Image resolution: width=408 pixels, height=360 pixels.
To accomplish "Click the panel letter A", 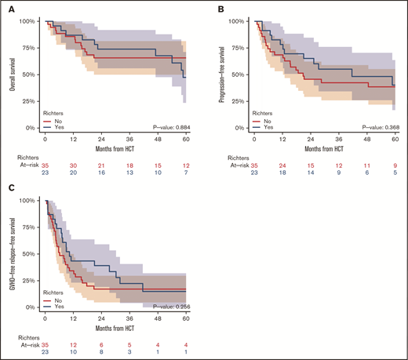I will pos(9,10).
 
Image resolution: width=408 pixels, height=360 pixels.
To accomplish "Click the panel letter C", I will pos(9,189).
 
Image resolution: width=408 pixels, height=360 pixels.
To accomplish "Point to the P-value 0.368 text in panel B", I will pos(377,126).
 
